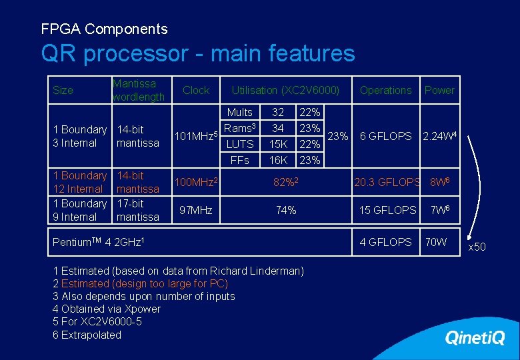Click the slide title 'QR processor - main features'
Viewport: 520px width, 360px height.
[197, 53]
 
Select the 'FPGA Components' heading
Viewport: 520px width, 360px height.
[104, 29]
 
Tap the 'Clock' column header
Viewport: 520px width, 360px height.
[196, 90]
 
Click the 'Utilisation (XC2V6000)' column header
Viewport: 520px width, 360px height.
[285, 90]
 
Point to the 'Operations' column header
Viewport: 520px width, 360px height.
[385, 90]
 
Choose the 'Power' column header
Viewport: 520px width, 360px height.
[439, 90]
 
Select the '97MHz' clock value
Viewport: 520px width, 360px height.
[195, 210]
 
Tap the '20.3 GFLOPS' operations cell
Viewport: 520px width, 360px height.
[387, 182]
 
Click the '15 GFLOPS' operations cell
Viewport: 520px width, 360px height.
[387, 210]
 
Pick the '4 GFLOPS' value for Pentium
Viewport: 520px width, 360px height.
[385, 242]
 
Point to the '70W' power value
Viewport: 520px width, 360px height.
[436, 242]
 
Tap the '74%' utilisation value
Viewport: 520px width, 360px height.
[286, 210]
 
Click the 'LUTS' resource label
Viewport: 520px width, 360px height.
[240, 144]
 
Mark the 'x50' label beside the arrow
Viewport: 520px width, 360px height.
[477, 247]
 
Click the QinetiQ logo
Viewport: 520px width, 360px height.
[475, 338]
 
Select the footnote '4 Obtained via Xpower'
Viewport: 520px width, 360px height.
[107, 309]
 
